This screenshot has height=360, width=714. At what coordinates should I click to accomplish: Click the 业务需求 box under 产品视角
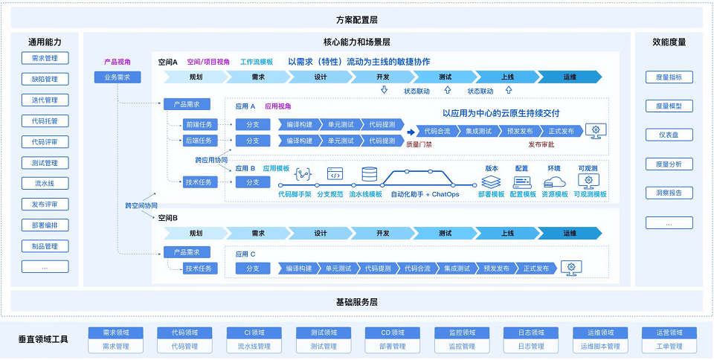(x=117, y=77)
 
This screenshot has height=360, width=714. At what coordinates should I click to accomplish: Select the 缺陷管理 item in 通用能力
(x=45, y=80)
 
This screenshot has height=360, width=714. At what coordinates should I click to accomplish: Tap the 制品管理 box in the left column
(x=45, y=246)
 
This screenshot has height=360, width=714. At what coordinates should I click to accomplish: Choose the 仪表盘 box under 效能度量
(x=669, y=135)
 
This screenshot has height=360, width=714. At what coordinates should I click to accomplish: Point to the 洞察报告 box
(x=669, y=193)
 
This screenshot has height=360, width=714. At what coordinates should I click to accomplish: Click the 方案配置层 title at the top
(x=356, y=19)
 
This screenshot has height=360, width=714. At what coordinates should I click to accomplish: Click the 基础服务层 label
(x=356, y=302)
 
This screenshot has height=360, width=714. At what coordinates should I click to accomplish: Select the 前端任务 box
(x=200, y=124)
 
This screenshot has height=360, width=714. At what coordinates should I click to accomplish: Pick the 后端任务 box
(x=200, y=141)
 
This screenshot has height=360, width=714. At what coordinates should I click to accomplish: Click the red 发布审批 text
(x=541, y=145)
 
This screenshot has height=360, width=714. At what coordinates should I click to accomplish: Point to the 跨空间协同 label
(x=141, y=205)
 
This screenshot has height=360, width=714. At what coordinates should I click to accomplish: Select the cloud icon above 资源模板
(x=554, y=181)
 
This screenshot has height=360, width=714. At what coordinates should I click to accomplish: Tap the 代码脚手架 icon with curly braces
(x=302, y=176)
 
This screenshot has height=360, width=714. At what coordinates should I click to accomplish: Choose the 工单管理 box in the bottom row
(x=669, y=347)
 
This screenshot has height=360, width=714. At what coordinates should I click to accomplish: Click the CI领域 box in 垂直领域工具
(x=254, y=333)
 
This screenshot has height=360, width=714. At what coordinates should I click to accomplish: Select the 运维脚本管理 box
(x=599, y=347)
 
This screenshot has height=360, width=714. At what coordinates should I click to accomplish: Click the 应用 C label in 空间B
(x=245, y=254)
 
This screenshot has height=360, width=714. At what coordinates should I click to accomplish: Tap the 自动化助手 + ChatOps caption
(x=424, y=195)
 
